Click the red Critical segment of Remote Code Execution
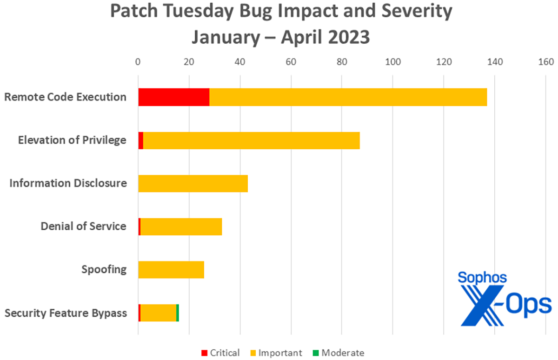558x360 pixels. tap(173, 97)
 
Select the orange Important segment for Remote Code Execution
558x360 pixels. tap(348, 97)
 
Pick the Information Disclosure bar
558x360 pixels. tap(193, 183)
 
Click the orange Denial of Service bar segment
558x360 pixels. tap(181, 227)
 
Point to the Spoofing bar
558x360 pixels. tap(171, 270)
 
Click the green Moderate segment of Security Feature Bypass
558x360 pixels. tap(178, 313)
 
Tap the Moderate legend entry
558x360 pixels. tap(338, 353)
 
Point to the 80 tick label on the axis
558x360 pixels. tap(342, 61)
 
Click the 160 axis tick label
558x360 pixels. tap(545, 61)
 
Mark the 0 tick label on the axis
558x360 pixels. tap(138, 61)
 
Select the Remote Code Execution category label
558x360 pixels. tap(65, 97)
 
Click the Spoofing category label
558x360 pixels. tap(104, 269)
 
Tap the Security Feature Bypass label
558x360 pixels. tap(66, 313)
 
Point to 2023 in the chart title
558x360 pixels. tap(343, 36)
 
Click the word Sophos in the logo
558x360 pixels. tap(482, 278)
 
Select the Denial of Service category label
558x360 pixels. tap(83, 227)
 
